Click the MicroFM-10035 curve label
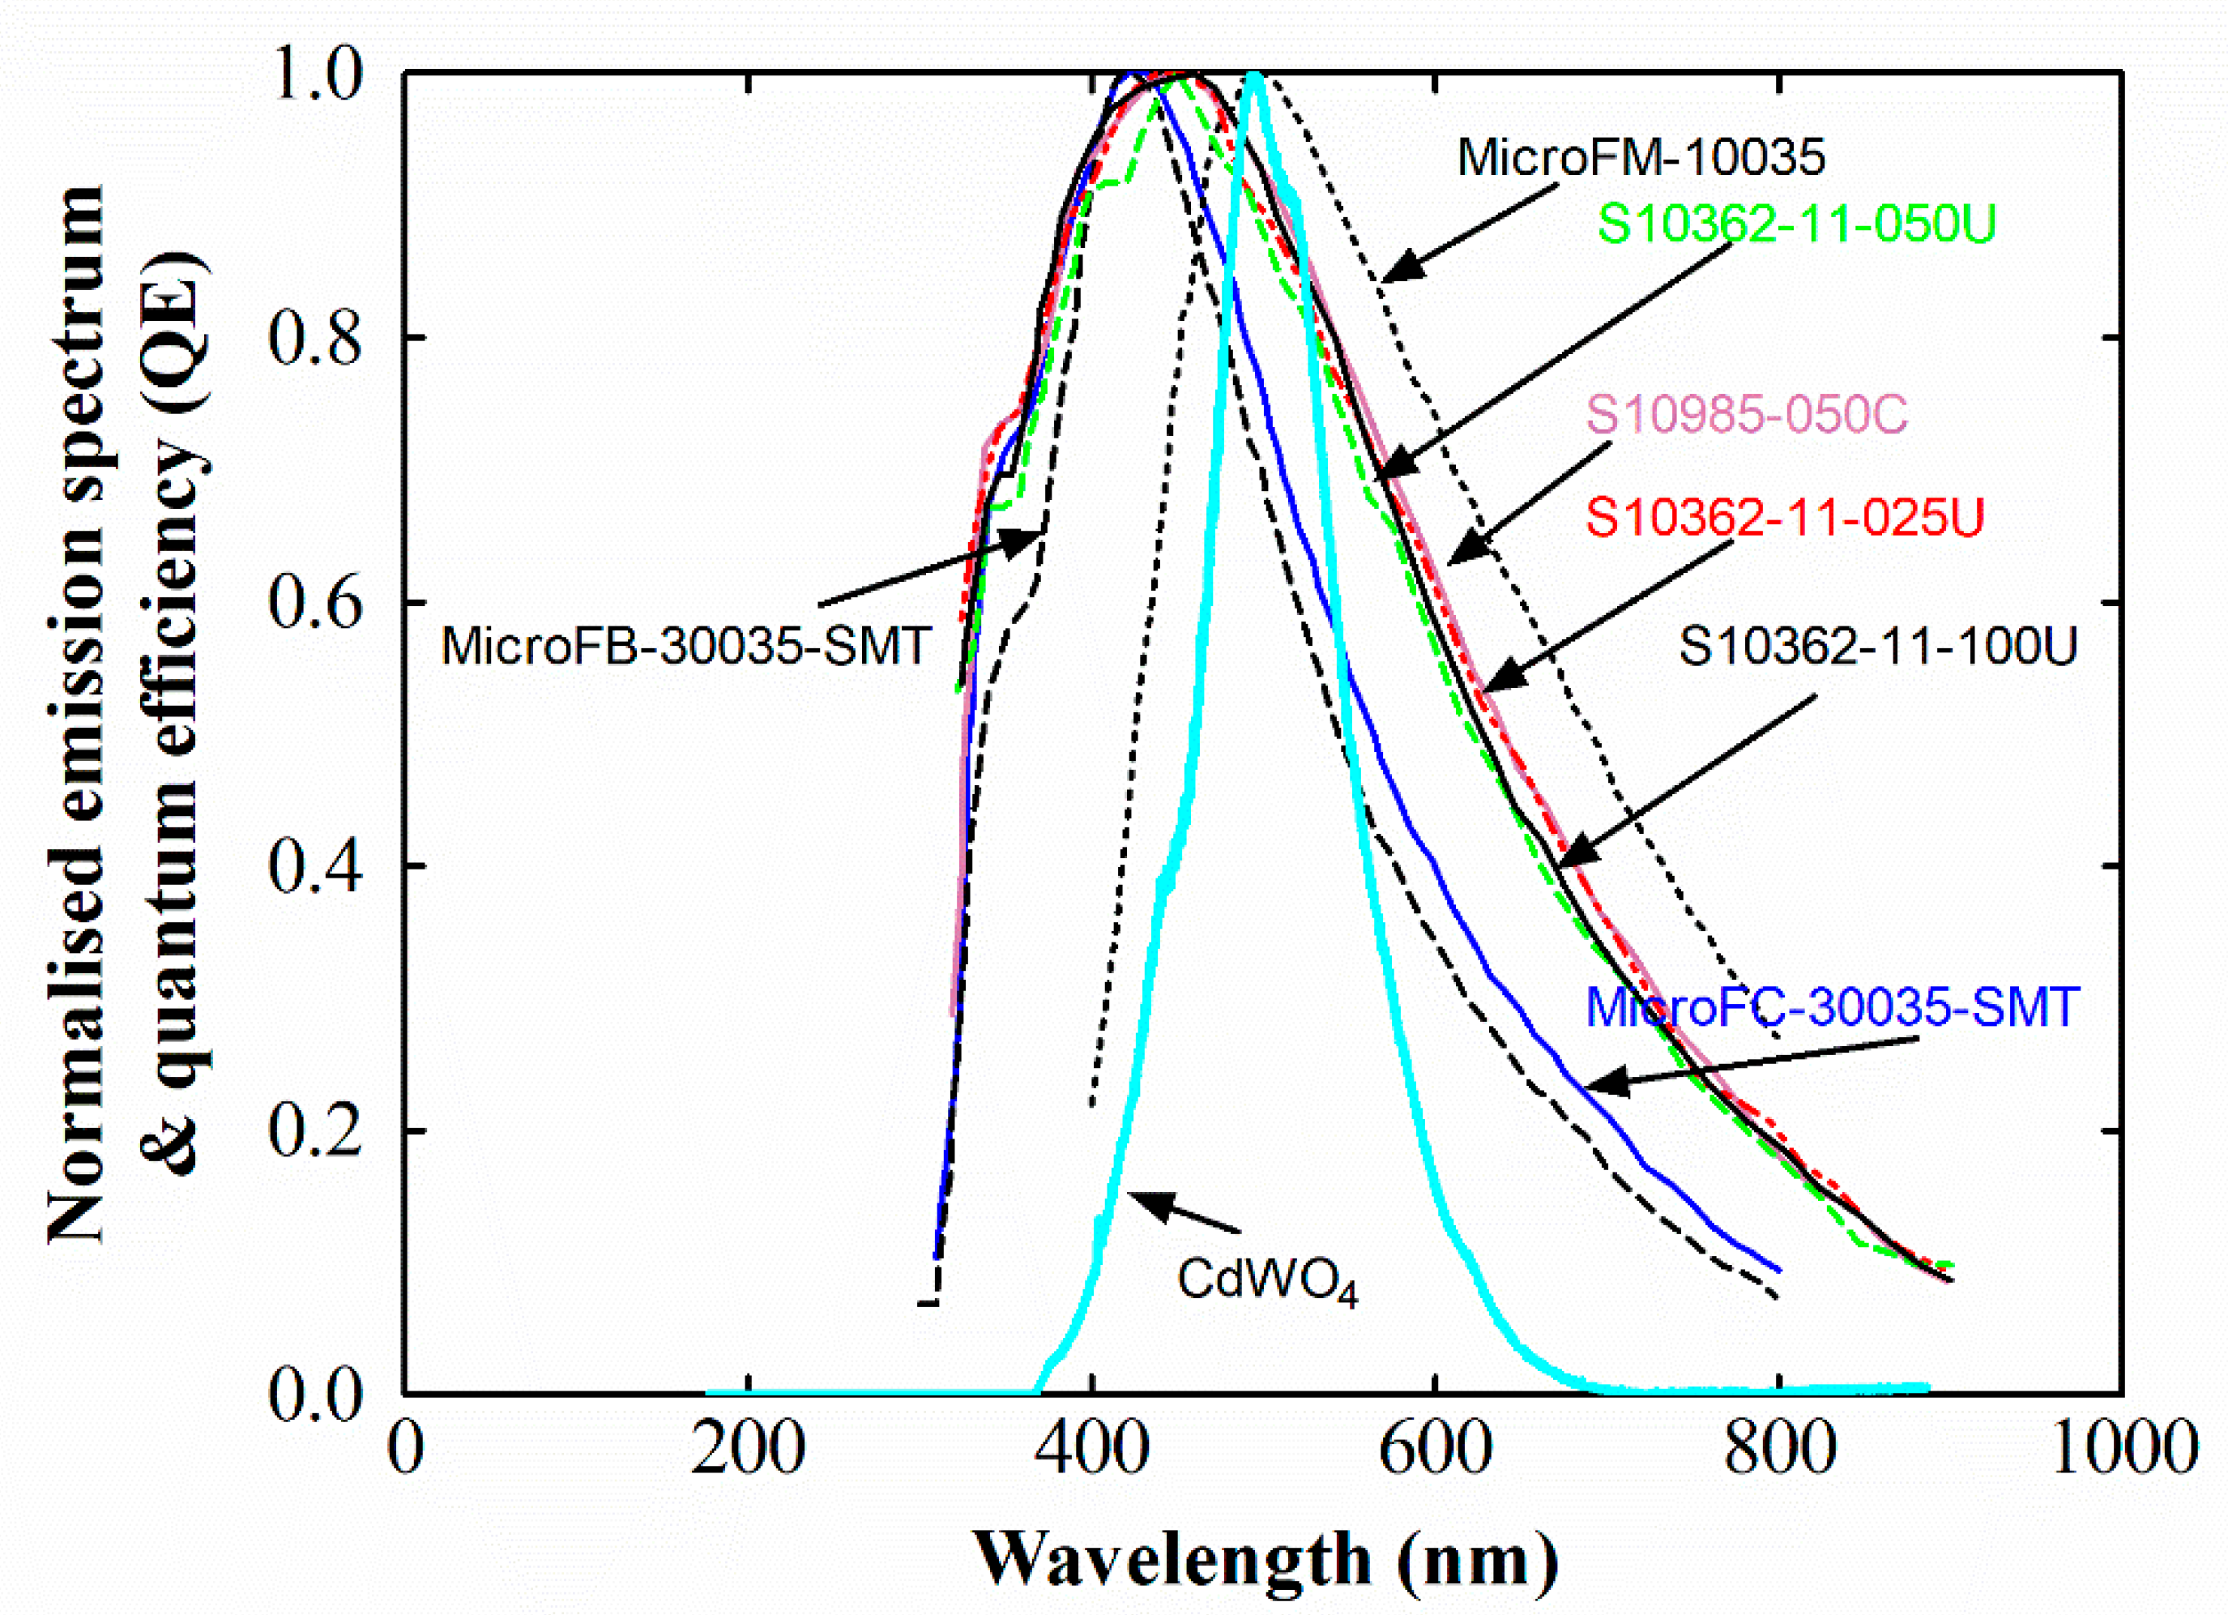[x=1641, y=157]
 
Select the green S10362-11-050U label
[x=1795, y=224]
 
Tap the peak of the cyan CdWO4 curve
[x=1253, y=75]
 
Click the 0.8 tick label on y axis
[x=314, y=338]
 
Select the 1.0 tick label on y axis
[x=314, y=75]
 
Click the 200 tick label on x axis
[x=748, y=1448]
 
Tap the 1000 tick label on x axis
[x=2122, y=1448]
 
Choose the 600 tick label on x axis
[x=1435, y=1448]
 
